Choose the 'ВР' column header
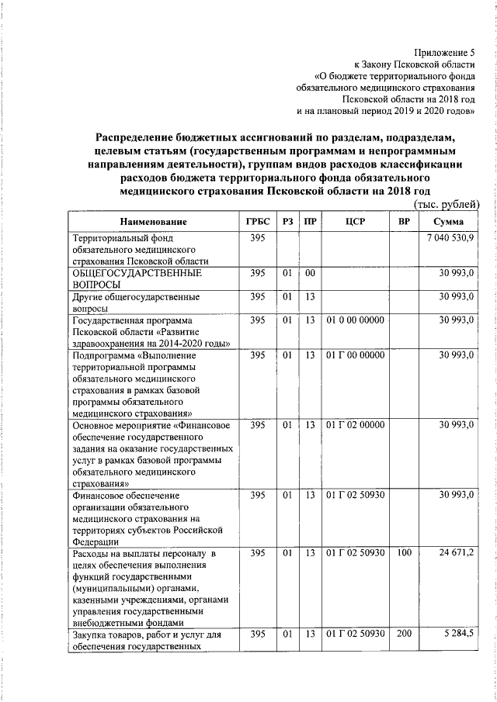[403, 222]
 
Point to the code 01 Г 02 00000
[355, 425]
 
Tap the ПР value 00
[310, 274]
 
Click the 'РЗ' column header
[287, 222]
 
